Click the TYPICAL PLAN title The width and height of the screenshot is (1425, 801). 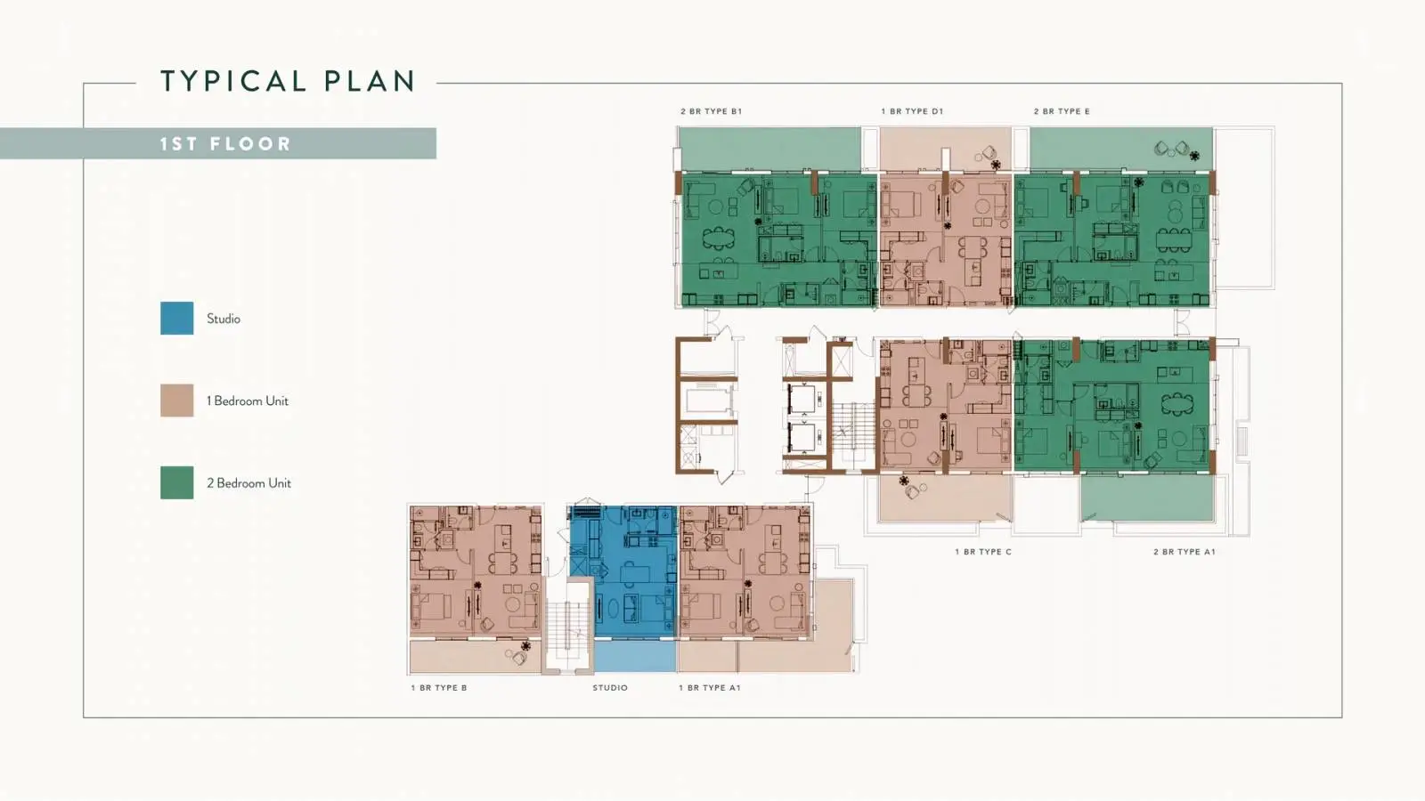coord(289,81)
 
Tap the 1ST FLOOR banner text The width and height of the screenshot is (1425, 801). coord(225,143)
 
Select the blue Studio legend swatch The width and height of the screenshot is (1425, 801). coord(177,318)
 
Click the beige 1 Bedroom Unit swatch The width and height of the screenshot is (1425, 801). coord(177,400)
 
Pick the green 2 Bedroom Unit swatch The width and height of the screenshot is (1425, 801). coord(177,482)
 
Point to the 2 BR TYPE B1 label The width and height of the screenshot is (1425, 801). coord(712,111)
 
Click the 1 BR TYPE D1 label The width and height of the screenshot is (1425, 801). coord(912,111)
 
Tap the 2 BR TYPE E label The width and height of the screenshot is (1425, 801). coord(1062,111)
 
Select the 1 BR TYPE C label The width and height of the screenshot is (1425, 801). coord(983,552)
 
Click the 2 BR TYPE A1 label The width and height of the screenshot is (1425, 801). coord(1185,552)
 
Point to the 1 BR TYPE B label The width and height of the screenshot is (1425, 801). coord(439,688)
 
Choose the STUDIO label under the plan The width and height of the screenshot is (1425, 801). coord(610,688)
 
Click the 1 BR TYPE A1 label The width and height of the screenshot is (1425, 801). coord(709,688)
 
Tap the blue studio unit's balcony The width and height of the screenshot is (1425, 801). coord(635,656)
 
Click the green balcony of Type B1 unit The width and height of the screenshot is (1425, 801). coord(769,149)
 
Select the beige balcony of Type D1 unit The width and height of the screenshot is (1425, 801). coord(945,149)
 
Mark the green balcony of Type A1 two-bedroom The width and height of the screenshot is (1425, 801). coord(1147,498)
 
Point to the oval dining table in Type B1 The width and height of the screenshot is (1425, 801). coord(718,238)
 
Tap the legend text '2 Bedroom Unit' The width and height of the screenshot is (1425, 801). coord(248,483)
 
